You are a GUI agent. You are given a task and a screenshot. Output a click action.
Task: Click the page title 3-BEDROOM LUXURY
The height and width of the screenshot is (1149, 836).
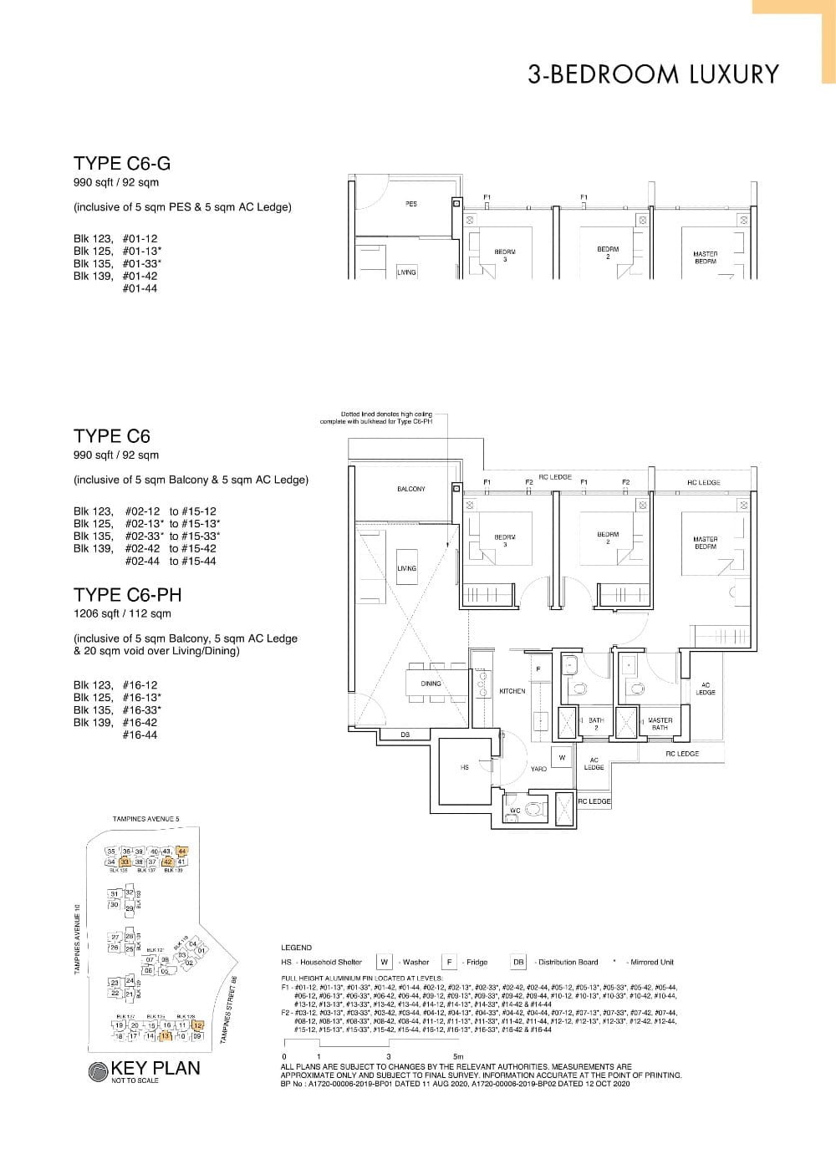point(653,74)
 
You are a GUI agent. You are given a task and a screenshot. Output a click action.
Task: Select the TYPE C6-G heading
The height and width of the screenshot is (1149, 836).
point(122,164)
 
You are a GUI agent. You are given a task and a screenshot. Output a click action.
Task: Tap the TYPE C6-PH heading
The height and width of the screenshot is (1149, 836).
point(127,595)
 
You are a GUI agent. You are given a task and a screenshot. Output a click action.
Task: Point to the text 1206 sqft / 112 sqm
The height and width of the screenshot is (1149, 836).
point(122,613)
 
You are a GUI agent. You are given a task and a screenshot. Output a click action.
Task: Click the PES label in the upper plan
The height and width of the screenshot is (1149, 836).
point(410,204)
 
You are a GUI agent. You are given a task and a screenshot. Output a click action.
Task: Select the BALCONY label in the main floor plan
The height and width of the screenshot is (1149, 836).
point(410,489)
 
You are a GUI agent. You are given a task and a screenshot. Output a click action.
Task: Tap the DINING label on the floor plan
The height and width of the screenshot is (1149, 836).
point(431,684)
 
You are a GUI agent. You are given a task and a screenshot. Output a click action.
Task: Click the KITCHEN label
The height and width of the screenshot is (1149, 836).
point(512,691)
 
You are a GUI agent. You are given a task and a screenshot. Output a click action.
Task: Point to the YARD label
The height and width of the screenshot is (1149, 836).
point(538,769)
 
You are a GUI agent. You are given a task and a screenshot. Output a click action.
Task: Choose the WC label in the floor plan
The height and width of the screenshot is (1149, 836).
point(515,811)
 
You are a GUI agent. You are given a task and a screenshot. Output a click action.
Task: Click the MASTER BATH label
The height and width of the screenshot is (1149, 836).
point(660,724)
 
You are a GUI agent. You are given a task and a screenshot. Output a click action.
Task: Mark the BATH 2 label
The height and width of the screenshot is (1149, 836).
point(595,724)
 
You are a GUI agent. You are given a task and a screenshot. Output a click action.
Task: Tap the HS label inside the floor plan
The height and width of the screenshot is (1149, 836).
point(465,767)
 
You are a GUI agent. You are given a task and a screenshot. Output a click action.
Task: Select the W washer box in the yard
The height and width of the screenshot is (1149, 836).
point(562,758)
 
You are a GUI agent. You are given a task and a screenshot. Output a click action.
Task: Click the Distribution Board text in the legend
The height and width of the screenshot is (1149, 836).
point(568,962)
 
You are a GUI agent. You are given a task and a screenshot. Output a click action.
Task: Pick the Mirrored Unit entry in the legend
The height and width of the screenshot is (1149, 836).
point(651,962)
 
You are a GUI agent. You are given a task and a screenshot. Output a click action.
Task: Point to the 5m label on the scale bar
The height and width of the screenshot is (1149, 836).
point(457,1056)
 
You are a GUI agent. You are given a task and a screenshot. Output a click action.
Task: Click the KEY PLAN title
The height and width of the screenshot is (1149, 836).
point(155,1068)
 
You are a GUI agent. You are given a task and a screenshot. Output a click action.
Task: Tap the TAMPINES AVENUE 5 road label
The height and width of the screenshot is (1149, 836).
point(145,819)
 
